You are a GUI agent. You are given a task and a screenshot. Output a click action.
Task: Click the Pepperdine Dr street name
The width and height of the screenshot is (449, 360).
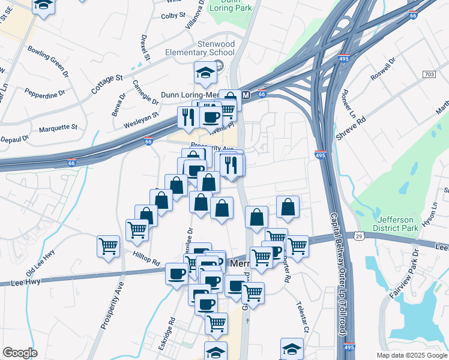(44, 93)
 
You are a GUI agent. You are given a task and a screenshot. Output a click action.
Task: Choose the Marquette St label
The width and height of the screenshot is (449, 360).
(58, 128)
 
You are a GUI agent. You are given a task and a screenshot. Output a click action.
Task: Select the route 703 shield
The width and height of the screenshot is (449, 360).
(429, 74)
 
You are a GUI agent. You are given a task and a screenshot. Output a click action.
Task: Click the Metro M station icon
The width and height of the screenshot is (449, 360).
(245, 95)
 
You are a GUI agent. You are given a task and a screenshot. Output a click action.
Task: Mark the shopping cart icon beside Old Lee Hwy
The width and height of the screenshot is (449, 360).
(108, 245)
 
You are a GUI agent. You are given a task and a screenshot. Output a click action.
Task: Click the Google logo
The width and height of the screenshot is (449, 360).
(20, 353)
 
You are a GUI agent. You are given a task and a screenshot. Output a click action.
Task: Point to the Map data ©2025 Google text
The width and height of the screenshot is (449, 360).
(411, 355)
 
